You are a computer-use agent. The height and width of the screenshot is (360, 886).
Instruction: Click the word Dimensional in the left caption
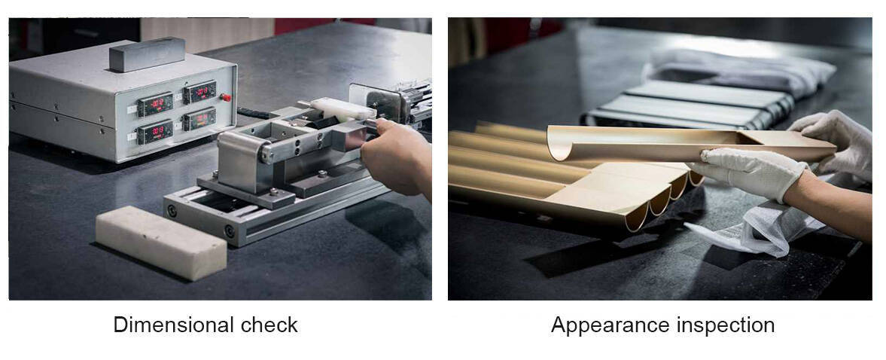coord(173,325)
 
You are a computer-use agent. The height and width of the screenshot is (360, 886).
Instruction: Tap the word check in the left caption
coord(269,325)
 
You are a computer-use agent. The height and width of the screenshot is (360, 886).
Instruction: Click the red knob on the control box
coord(226,97)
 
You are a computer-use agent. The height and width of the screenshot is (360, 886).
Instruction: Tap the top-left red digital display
coord(155,104)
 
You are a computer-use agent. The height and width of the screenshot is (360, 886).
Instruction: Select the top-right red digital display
coord(199,92)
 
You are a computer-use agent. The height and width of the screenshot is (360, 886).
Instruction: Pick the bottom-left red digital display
coord(155,132)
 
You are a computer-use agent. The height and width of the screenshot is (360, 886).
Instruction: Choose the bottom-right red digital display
coord(199,119)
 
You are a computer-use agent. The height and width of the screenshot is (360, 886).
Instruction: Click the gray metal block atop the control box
coord(147,54)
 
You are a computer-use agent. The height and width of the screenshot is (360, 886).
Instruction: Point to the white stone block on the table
coord(161,243)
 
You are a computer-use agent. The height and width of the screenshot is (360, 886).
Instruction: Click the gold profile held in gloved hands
coord(690,143)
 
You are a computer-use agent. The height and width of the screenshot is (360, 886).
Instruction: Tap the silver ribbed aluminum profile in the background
coord(690,105)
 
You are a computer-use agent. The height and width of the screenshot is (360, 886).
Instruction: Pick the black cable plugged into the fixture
coord(254,113)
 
